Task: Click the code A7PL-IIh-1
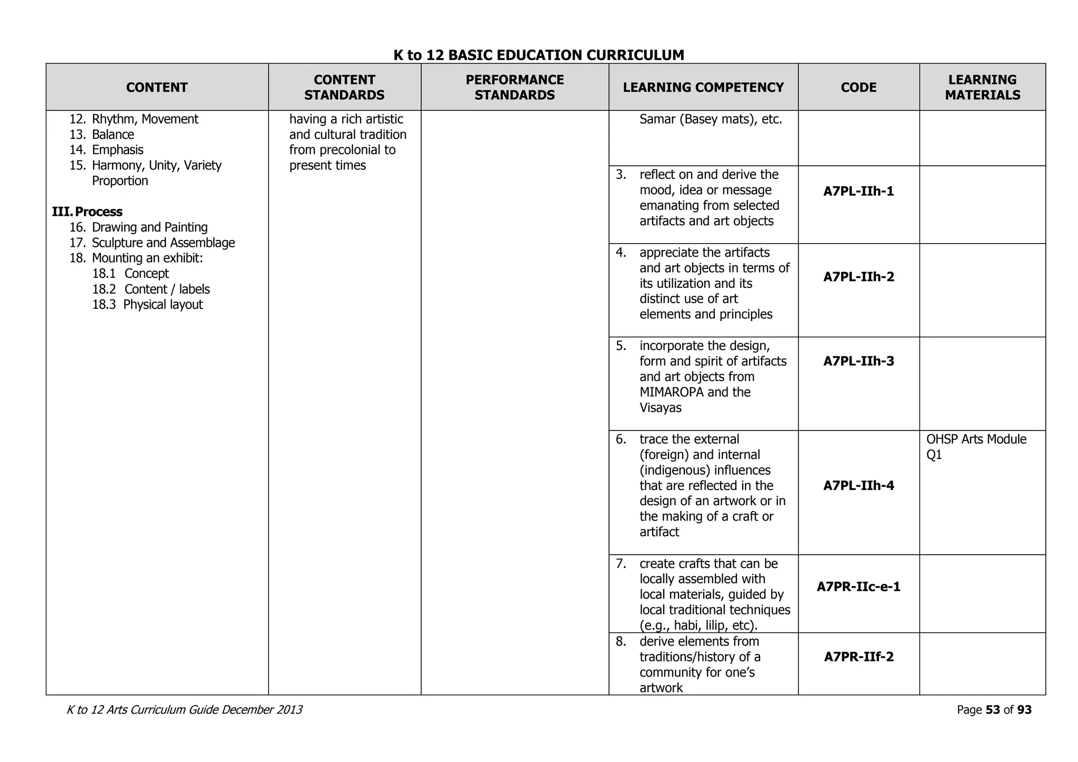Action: coord(859,191)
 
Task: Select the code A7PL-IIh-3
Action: coord(859,361)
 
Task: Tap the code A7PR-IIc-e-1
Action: coord(859,587)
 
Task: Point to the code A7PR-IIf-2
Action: coord(859,657)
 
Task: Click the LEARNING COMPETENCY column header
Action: coord(703,87)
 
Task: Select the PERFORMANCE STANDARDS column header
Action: coord(514,87)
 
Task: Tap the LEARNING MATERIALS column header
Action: coord(982,87)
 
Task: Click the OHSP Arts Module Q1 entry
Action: coord(976,447)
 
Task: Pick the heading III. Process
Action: coord(87,212)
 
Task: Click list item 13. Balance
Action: coord(102,135)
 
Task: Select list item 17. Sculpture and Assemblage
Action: coord(153,243)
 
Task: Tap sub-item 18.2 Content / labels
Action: coord(151,289)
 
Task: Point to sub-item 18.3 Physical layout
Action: coord(148,305)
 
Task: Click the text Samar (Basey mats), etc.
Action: coord(711,119)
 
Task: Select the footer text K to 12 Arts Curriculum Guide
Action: coord(143,710)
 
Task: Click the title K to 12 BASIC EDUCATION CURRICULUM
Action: coord(538,55)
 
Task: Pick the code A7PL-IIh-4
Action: coord(859,485)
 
